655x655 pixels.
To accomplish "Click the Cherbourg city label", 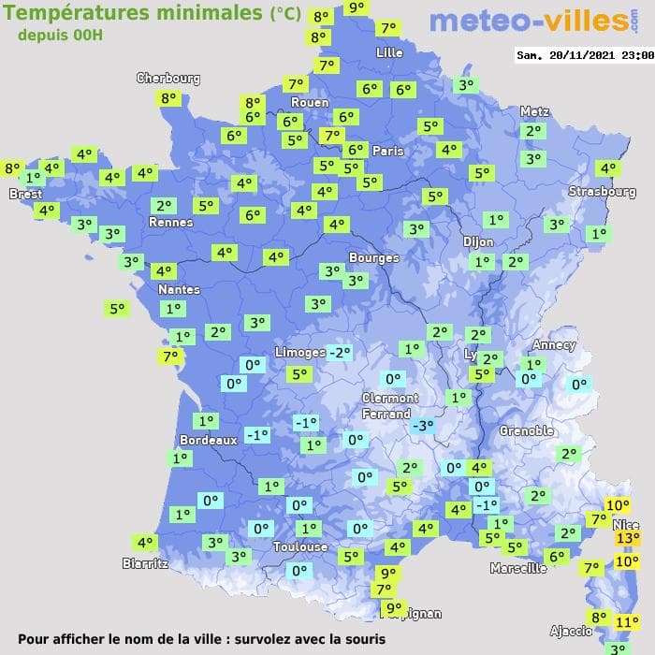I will coord(168,79).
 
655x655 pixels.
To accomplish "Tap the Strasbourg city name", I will coord(603,192).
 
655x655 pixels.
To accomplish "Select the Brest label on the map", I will coord(25,195).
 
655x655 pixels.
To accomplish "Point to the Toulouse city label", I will coord(300,546).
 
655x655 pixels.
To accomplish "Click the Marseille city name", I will coord(518,568).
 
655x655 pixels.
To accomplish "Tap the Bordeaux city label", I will coord(207,440).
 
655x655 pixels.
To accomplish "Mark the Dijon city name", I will coord(478,241).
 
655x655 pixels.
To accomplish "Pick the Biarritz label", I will coord(145,563).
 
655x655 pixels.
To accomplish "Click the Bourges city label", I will coord(373,257).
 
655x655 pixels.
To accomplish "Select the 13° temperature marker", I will coord(627,539).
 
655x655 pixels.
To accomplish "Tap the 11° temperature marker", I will coord(628,621).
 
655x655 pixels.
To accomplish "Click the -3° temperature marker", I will coord(424,426).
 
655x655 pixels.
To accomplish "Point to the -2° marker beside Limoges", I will coord(340,352).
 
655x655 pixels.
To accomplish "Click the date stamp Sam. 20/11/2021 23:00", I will coord(585,55).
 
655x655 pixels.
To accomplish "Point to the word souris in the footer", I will coord(362,640).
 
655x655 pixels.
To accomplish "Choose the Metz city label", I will coord(534,111).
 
